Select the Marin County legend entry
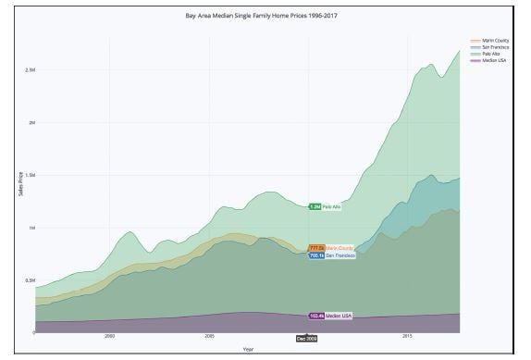pos(488,41)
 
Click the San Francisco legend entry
pos(489,47)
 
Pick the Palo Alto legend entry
pos(485,54)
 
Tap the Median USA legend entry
pos(487,60)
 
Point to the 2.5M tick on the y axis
pos(31,70)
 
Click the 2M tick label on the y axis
pos(31,122)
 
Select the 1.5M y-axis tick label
pos(31,175)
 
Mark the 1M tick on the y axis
pos(31,228)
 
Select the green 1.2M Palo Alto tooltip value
pos(314,207)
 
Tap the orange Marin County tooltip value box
pos(316,248)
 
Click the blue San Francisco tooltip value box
pos(316,255)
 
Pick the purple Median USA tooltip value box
pos(316,316)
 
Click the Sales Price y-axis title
pos(20,184)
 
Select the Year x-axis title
pos(247,349)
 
